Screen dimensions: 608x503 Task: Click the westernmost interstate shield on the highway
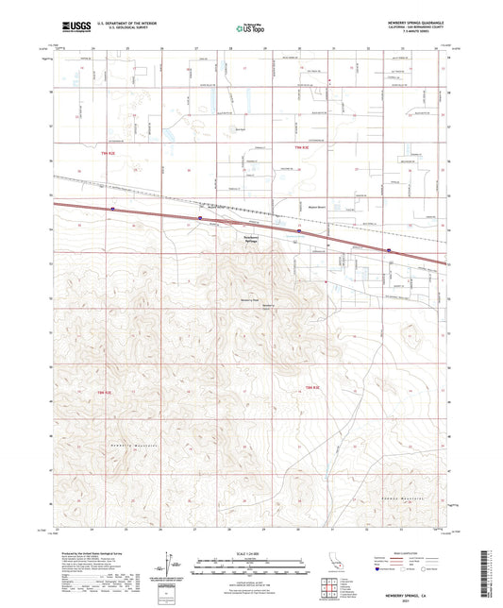tap(112, 210)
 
